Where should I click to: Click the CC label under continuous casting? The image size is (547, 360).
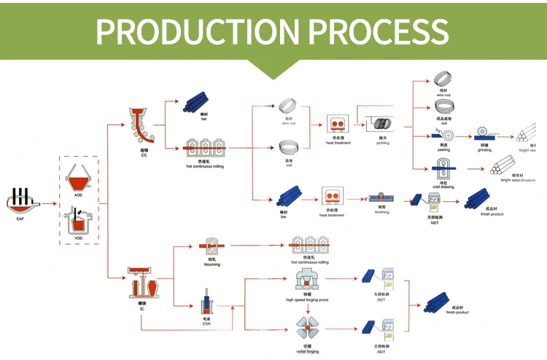point(144,155)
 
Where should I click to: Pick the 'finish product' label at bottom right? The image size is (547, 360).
point(457,312)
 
